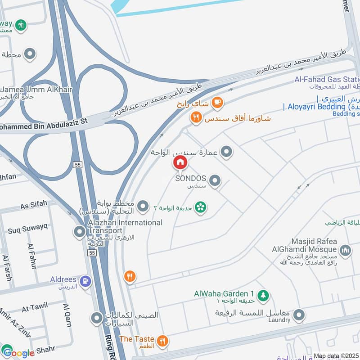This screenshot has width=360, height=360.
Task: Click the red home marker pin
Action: pyautogui.click(x=180, y=162)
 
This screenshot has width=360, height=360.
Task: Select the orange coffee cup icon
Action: pyautogui.click(x=217, y=103)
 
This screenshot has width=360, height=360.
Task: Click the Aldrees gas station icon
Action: pyautogui.click(x=85, y=282)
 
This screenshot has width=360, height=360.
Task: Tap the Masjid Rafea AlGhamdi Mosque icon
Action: pyautogui.click(x=345, y=250)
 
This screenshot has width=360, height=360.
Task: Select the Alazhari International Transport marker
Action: pyautogui.click(x=80, y=232)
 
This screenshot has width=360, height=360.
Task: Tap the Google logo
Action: pyautogui.click(x=18, y=353)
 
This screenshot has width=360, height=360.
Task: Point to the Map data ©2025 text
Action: pyautogui.click(x=336, y=355)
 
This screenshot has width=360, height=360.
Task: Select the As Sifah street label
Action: pyautogui.click(x=34, y=205)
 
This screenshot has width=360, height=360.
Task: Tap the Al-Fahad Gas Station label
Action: pyautogui.click(x=327, y=80)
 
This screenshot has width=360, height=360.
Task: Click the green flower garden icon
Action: pyautogui.click(x=201, y=207)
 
